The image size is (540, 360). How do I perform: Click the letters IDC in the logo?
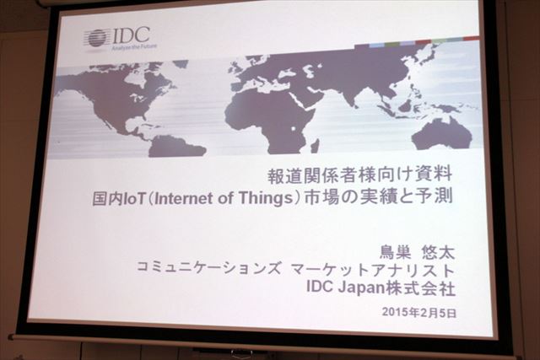point(132,35)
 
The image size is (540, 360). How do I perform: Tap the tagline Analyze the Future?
point(134,47)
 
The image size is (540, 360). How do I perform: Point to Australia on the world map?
point(441,134)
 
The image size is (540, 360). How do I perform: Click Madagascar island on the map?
point(316,146)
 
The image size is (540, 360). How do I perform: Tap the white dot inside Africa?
point(293,129)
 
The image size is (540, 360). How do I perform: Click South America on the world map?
point(175,146)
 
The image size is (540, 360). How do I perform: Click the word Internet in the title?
point(186,199)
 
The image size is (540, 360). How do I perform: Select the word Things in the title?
point(265,199)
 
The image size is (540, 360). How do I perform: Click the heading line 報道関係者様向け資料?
point(360,175)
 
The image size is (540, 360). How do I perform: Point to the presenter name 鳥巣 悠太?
point(417,252)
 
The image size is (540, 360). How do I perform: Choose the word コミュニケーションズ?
point(208,268)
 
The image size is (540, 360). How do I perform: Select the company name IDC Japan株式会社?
point(381,288)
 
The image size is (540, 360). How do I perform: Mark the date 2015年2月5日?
point(419,312)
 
